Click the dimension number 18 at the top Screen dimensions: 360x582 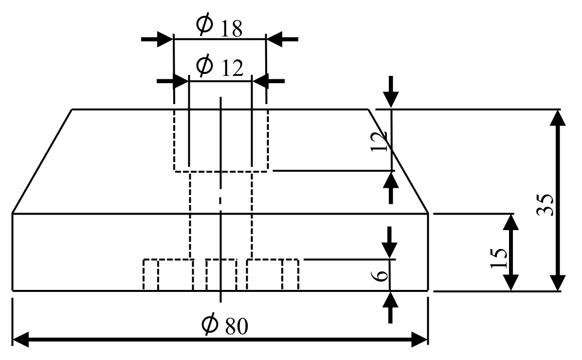pos(231,29)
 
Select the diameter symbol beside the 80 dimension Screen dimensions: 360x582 pos(212,325)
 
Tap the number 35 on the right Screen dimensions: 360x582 pos(545,204)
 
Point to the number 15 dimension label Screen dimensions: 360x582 pos(499,258)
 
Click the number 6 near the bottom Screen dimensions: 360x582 pos(382,275)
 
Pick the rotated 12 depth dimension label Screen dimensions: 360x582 pos(380,141)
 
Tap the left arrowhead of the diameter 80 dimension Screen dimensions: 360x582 pos(22,339)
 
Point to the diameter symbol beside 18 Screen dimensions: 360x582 pos(204,24)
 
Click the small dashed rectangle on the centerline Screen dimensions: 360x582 pos(221,275)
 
